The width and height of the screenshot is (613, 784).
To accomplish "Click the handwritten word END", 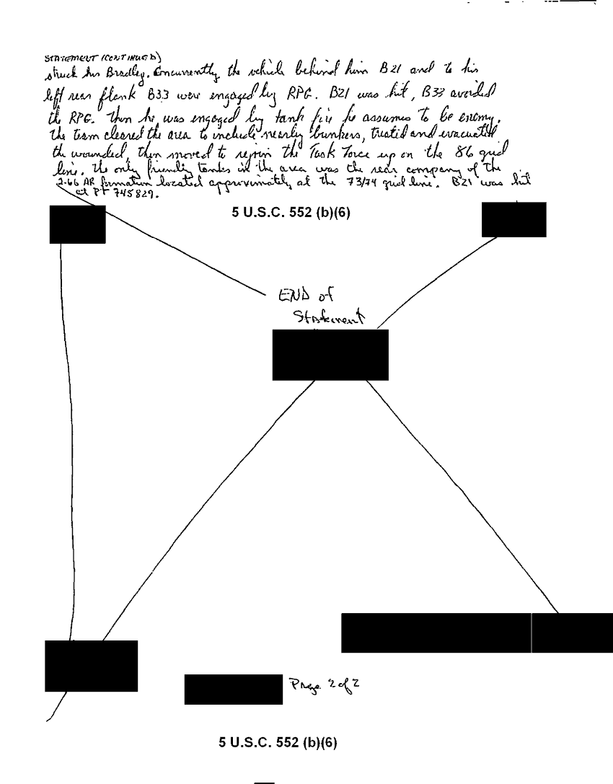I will pyautogui.click(x=292, y=294).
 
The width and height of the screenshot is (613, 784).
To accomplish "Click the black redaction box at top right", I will pyautogui.click(x=514, y=219).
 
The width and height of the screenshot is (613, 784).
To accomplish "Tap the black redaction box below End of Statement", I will pyautogui.click(x=330, y=355).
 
